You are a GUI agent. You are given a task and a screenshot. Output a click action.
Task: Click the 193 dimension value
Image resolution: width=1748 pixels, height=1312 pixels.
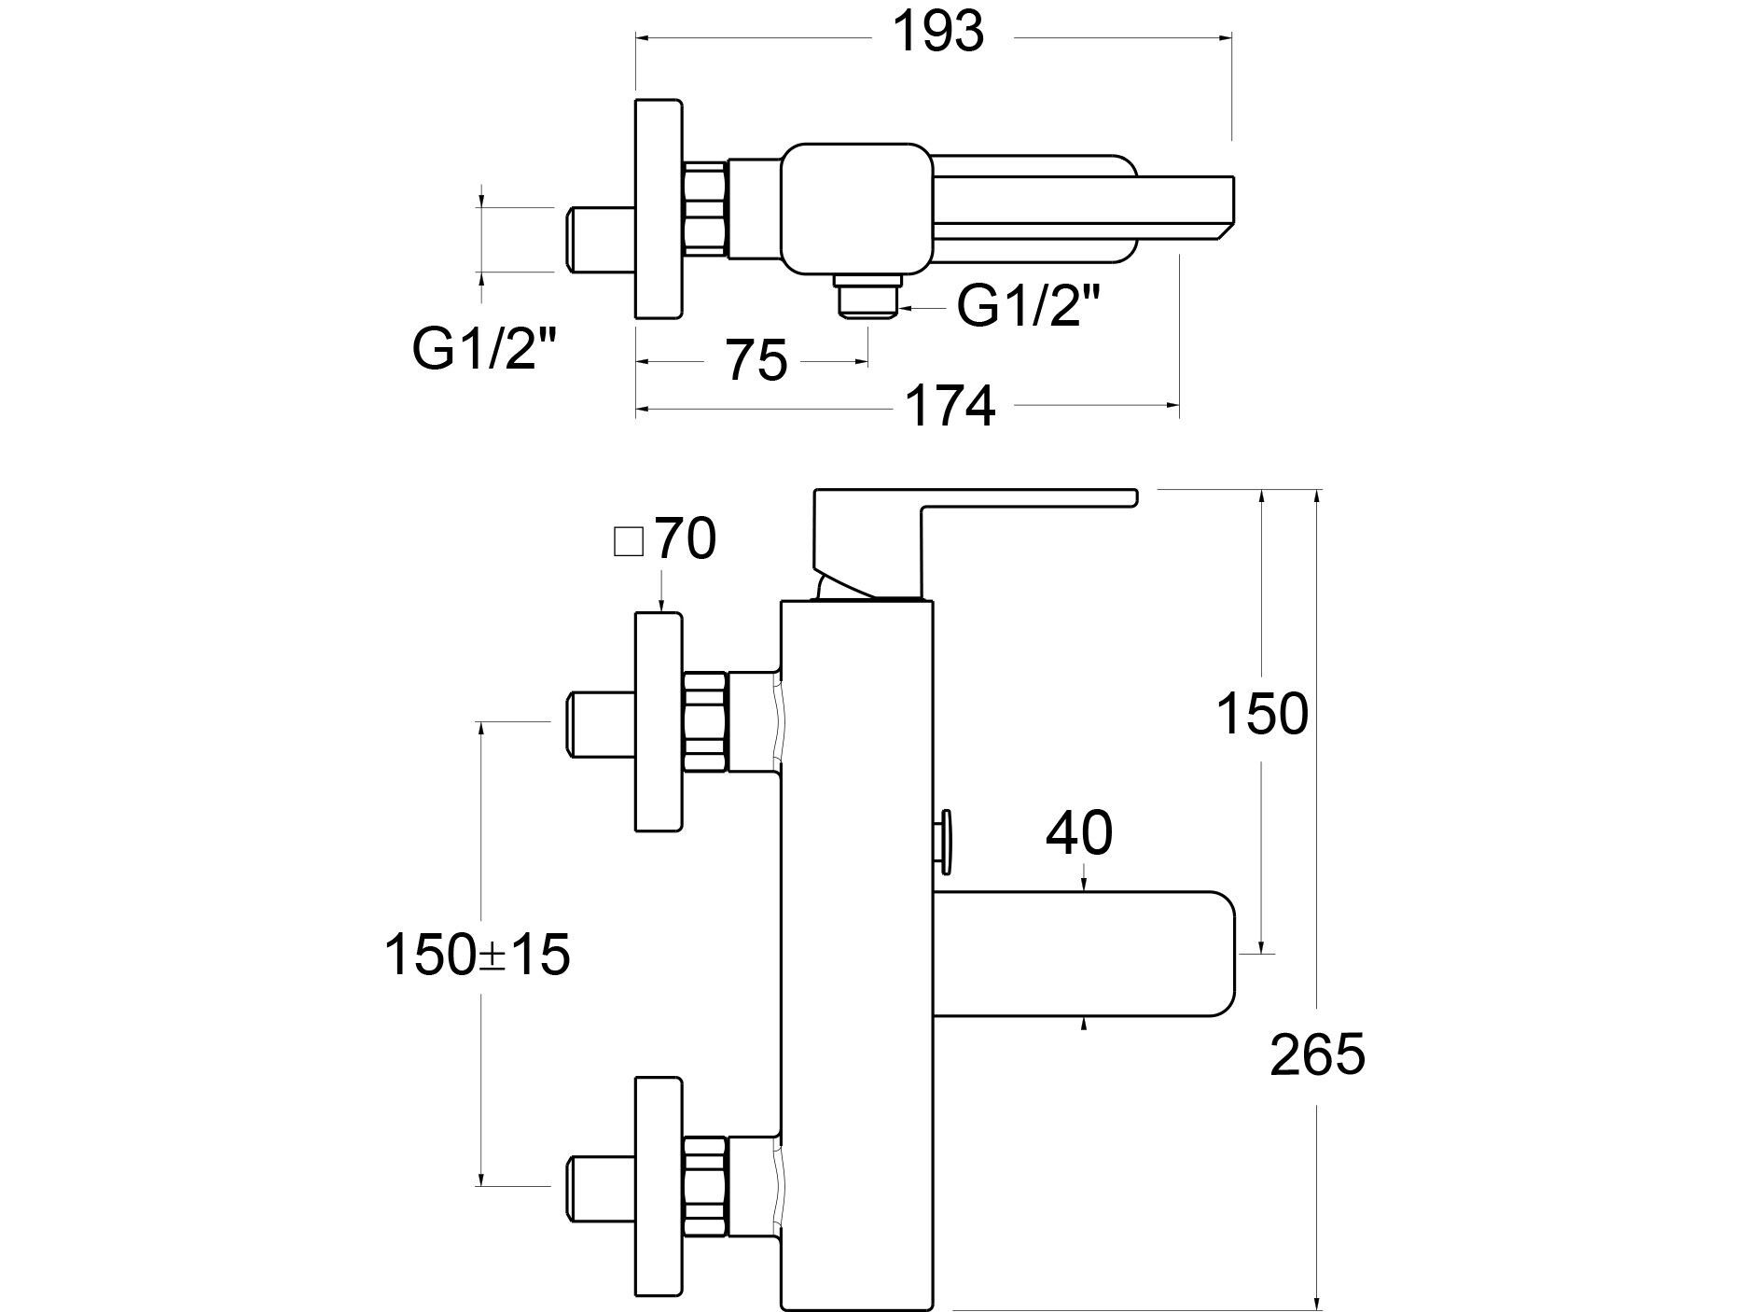[938, 34]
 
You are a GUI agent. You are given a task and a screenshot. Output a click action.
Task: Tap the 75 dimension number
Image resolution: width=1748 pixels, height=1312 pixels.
[756, 361]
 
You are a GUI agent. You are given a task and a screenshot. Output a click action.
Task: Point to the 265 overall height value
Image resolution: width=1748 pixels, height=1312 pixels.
[1317, 1055]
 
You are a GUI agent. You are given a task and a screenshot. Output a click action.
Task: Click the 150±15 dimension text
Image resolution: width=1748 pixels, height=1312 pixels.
[477, 956]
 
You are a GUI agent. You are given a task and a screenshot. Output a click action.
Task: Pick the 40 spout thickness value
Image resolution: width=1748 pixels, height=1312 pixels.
[1079, 833]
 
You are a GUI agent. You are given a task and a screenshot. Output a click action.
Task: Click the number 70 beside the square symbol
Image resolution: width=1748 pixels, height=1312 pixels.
[685, 538]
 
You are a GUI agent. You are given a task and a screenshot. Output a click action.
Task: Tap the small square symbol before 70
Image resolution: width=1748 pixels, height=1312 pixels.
[629, 542]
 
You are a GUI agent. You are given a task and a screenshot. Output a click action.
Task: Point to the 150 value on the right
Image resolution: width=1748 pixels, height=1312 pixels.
[1262, 715]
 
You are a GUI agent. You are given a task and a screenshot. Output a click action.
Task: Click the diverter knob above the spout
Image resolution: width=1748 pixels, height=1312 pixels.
[947, 841]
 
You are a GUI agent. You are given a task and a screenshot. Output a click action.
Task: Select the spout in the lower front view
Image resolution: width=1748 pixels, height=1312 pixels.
[1082, 953]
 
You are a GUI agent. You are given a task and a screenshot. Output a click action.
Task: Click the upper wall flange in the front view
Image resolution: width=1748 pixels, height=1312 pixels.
[659, 720]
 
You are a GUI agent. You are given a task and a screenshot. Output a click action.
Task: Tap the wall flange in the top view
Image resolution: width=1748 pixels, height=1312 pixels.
[659, 208]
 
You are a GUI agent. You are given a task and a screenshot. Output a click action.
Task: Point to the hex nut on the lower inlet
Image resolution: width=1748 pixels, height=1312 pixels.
[705, 1186]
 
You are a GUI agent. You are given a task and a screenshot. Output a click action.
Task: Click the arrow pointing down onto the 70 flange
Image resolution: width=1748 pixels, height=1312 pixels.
[660, 597]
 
